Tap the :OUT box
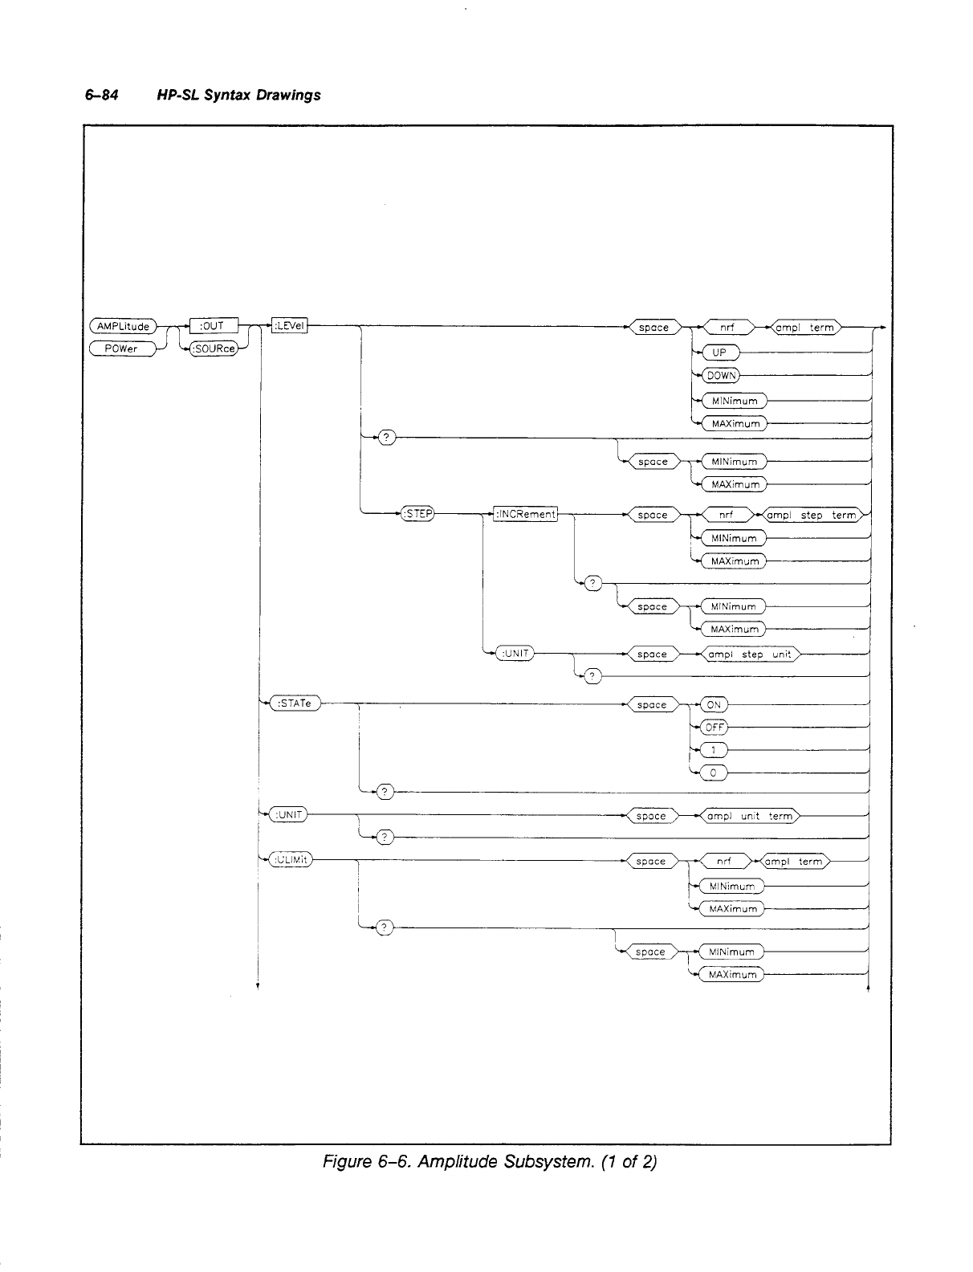tap(211, 326)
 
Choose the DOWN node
tap(720, 375)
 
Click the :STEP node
tap(417, 515)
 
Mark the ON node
tap(713, 704)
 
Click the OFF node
tap(714, 727)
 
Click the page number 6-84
tap(102, 95)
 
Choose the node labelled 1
tap(713, 750)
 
